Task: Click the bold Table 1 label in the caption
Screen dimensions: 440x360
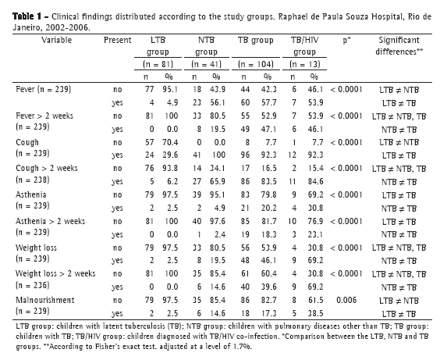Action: tap(27, 16)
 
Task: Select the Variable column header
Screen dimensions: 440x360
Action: tap(57, 40)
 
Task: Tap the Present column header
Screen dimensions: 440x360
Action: tap(117, 40)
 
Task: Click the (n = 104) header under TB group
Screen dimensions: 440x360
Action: tap(256, 64)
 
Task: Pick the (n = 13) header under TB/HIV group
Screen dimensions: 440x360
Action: tap(305, 64)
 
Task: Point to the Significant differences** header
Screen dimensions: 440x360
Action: tap(399, 46)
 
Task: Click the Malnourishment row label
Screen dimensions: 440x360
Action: tap(45, 300)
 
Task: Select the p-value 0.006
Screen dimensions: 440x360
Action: tap(346, 300)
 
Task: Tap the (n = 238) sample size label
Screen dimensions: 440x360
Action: tap(33, 180)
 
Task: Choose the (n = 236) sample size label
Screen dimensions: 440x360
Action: tap(33, 285)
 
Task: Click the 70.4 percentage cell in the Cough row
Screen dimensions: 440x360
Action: tap(170, 142)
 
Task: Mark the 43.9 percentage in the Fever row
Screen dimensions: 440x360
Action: tap(218, 90)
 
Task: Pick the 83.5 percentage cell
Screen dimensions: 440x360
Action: tap(268, 181)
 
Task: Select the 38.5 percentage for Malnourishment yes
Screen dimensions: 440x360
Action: tap(315, 313)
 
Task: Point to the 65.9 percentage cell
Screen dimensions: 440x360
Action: tap(218, 181)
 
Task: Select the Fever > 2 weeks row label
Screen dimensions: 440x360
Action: tap(44, 116)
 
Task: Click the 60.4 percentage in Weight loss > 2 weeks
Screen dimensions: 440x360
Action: tap(268, 274)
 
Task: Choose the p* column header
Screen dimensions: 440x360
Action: tap(346, 41)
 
